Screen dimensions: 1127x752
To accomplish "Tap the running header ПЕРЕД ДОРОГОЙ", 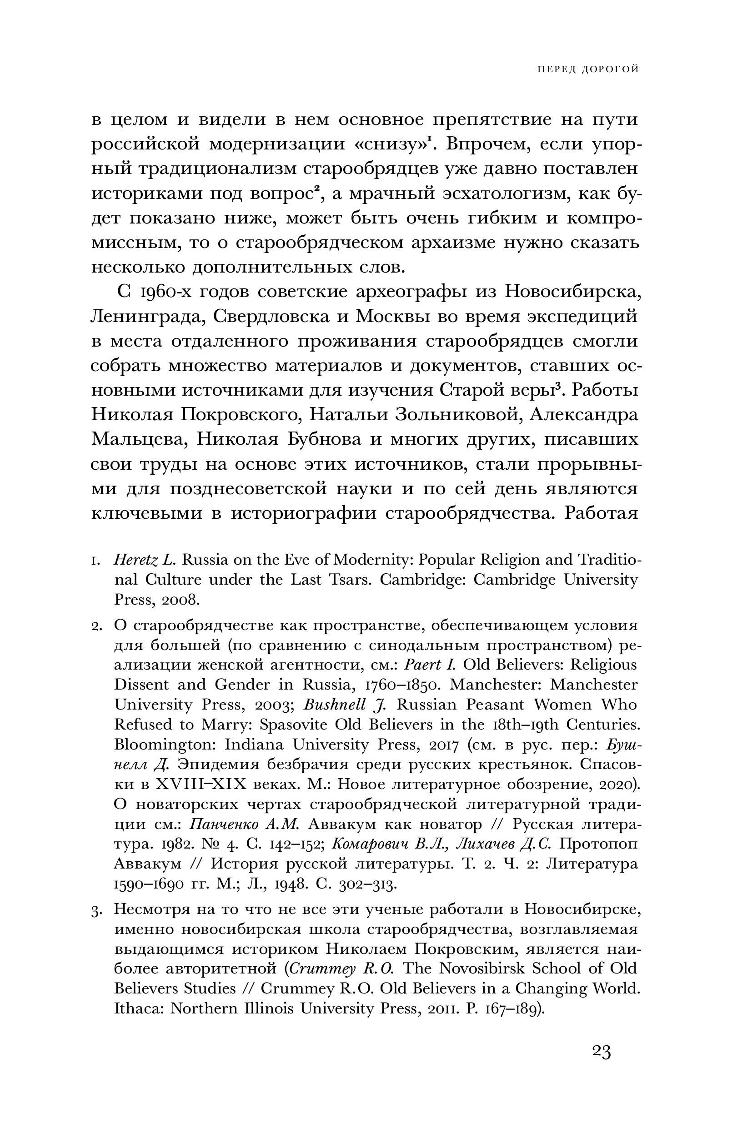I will (587, 70).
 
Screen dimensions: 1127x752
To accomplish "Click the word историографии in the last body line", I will (304, 514).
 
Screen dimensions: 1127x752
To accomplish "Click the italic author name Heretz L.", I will (145, 560).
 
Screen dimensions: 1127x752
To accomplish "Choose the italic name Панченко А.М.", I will (245, 825).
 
